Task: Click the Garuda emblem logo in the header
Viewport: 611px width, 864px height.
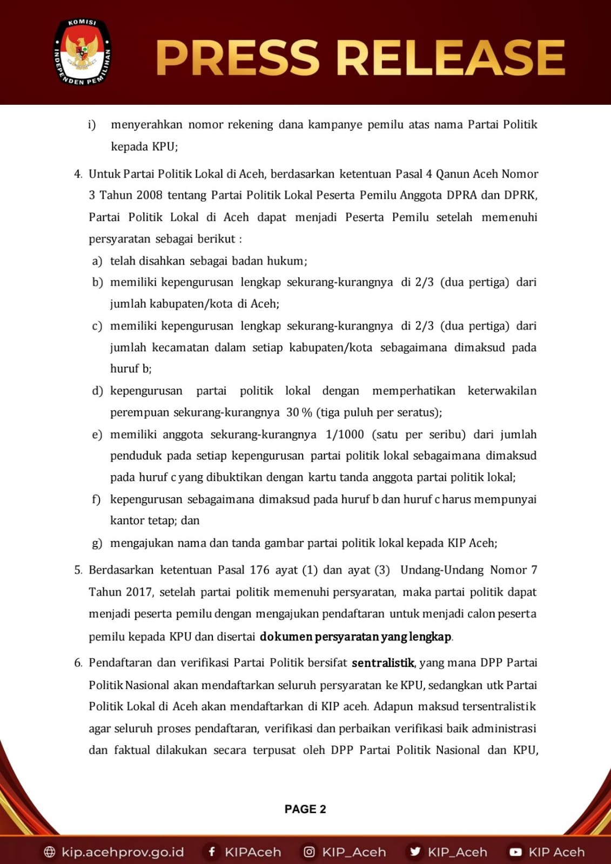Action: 82,52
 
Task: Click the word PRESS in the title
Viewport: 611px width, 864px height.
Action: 238,57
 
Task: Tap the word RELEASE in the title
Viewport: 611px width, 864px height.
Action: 451,57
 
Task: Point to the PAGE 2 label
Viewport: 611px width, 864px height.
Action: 305,809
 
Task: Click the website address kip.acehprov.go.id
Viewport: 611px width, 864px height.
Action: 123,852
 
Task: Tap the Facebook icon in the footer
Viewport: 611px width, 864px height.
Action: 212,852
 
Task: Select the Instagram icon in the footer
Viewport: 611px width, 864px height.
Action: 309,852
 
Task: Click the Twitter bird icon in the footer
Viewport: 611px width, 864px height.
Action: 415,852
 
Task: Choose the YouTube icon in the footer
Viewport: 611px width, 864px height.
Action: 515,852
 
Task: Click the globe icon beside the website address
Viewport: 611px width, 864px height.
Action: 50,852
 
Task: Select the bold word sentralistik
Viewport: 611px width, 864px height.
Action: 382,663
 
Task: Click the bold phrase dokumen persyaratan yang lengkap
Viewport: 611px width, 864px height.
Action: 355,637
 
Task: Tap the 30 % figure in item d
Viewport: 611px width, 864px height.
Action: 299,413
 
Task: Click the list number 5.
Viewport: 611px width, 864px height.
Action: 78,570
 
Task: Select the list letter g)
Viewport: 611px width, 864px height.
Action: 97,543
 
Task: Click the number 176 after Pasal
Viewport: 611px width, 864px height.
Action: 259,570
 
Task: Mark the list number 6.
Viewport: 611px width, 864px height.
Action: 78,663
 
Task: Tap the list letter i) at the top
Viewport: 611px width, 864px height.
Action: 92,125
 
